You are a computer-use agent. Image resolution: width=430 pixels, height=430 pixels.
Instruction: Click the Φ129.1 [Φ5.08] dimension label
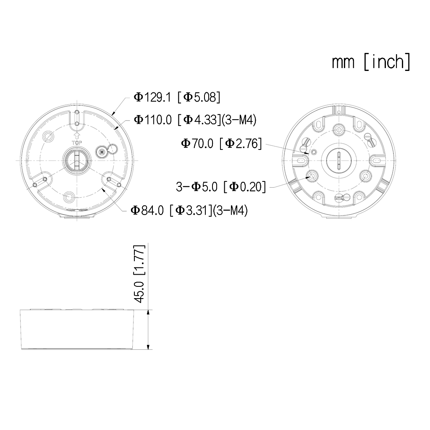177,97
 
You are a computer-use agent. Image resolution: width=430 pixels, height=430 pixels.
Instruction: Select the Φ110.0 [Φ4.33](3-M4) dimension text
195,120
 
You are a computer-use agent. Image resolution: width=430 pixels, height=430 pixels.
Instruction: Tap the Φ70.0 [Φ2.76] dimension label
221,144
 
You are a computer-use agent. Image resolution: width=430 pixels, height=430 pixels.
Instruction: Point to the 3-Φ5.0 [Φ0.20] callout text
221,187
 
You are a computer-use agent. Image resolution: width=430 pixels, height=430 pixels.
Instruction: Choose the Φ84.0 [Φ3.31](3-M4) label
189,210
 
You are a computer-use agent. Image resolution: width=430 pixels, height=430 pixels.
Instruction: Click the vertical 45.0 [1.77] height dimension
140,274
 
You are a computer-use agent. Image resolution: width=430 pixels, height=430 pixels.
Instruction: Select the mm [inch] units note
371,62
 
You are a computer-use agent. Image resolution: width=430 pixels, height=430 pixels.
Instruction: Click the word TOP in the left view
77,143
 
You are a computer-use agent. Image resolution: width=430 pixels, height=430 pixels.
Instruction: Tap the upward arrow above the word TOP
77,136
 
